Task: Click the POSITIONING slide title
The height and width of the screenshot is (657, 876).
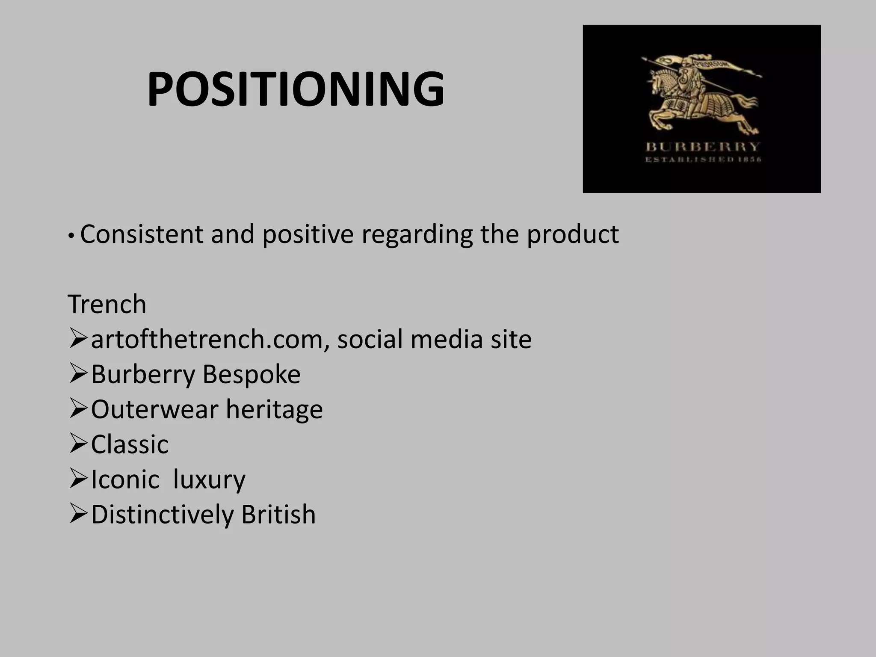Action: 296,89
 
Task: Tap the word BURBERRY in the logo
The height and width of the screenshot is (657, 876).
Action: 702,147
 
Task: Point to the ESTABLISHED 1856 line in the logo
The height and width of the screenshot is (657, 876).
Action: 702,160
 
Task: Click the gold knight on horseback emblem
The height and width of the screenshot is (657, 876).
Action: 701,94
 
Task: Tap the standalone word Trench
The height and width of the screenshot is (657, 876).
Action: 107,304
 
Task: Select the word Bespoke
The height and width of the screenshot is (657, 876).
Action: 251,374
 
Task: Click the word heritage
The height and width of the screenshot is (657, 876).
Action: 274,409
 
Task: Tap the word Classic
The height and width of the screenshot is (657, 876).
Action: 130,444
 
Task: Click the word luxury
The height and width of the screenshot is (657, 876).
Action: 209,479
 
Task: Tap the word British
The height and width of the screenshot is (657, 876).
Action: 278,515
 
